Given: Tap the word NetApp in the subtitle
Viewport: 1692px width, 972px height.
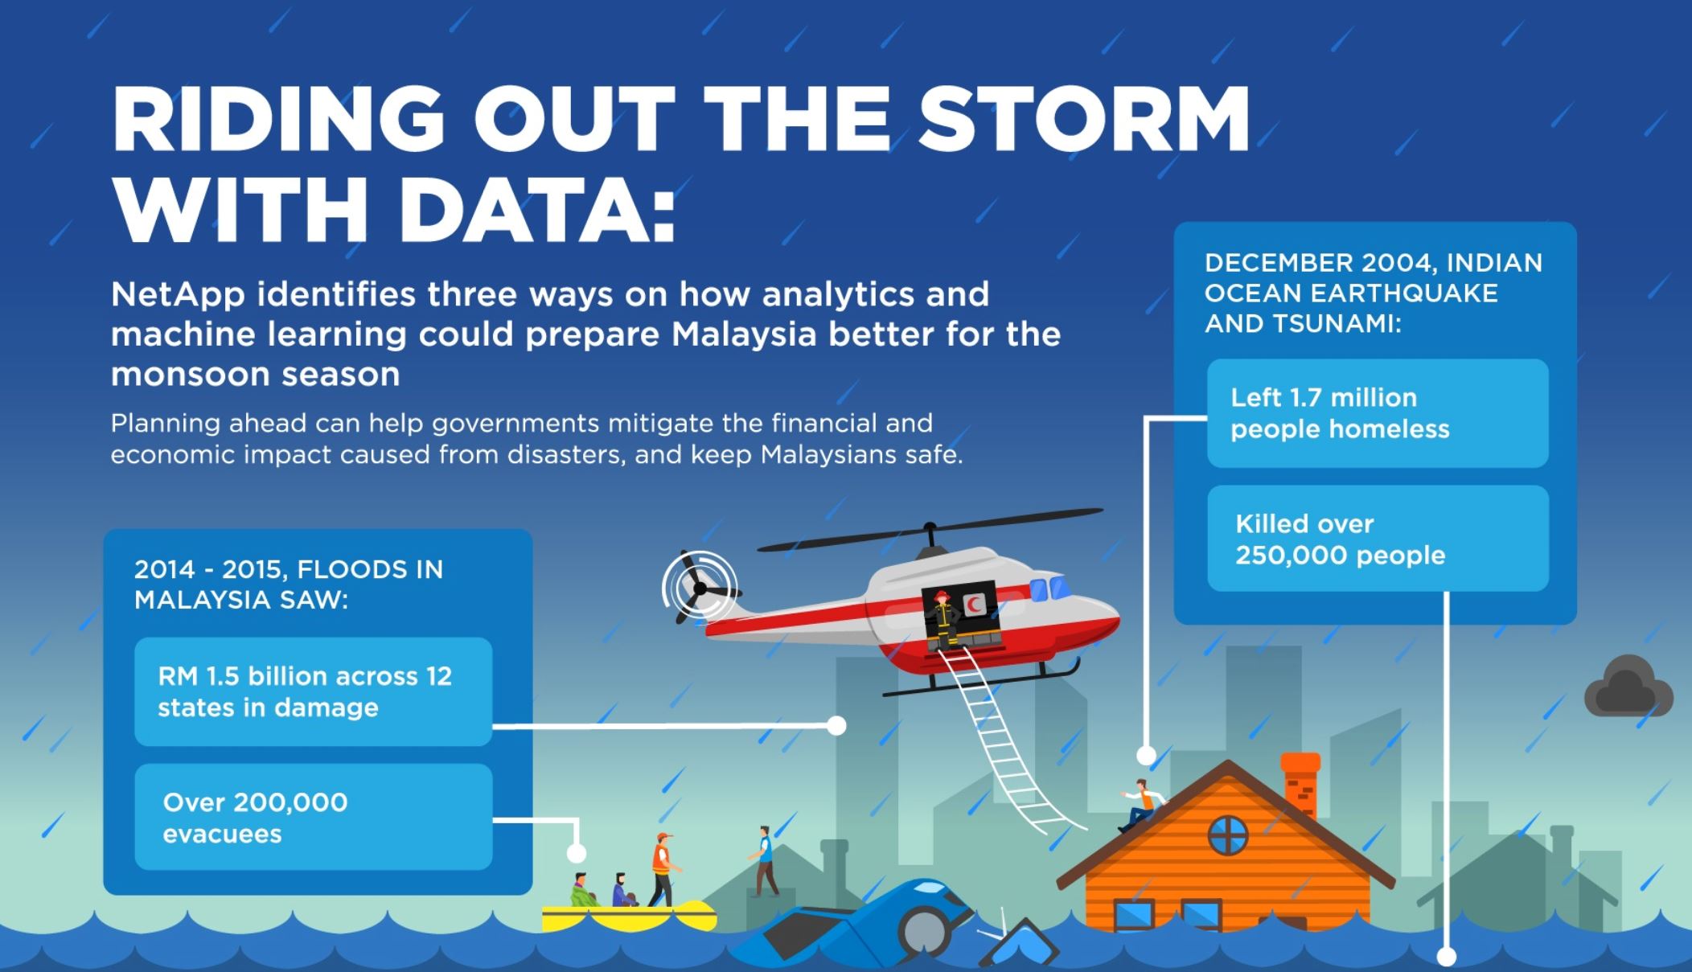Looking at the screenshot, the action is [x=178, y=295].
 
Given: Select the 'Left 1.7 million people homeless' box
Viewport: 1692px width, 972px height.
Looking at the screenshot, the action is [x=1378, y=413].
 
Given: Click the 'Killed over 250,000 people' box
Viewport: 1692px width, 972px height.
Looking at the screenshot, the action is [x=1378, y=539].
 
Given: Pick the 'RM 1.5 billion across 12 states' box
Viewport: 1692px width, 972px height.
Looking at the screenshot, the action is [x=313, y=691].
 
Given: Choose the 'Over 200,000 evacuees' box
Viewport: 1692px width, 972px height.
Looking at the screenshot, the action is [x=313, y=817].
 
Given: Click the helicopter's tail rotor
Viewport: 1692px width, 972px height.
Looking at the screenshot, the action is [x=699, y=589].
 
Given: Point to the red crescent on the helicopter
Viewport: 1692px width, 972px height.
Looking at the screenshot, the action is [x=975, y=603].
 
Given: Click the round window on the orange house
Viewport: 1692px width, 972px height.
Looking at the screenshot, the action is [x=1228, y=835].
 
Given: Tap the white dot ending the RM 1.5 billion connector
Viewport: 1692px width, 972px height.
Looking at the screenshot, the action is [x=836, y=726].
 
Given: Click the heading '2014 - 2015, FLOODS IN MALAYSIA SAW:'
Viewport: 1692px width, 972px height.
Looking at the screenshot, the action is [x=289, y=584].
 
